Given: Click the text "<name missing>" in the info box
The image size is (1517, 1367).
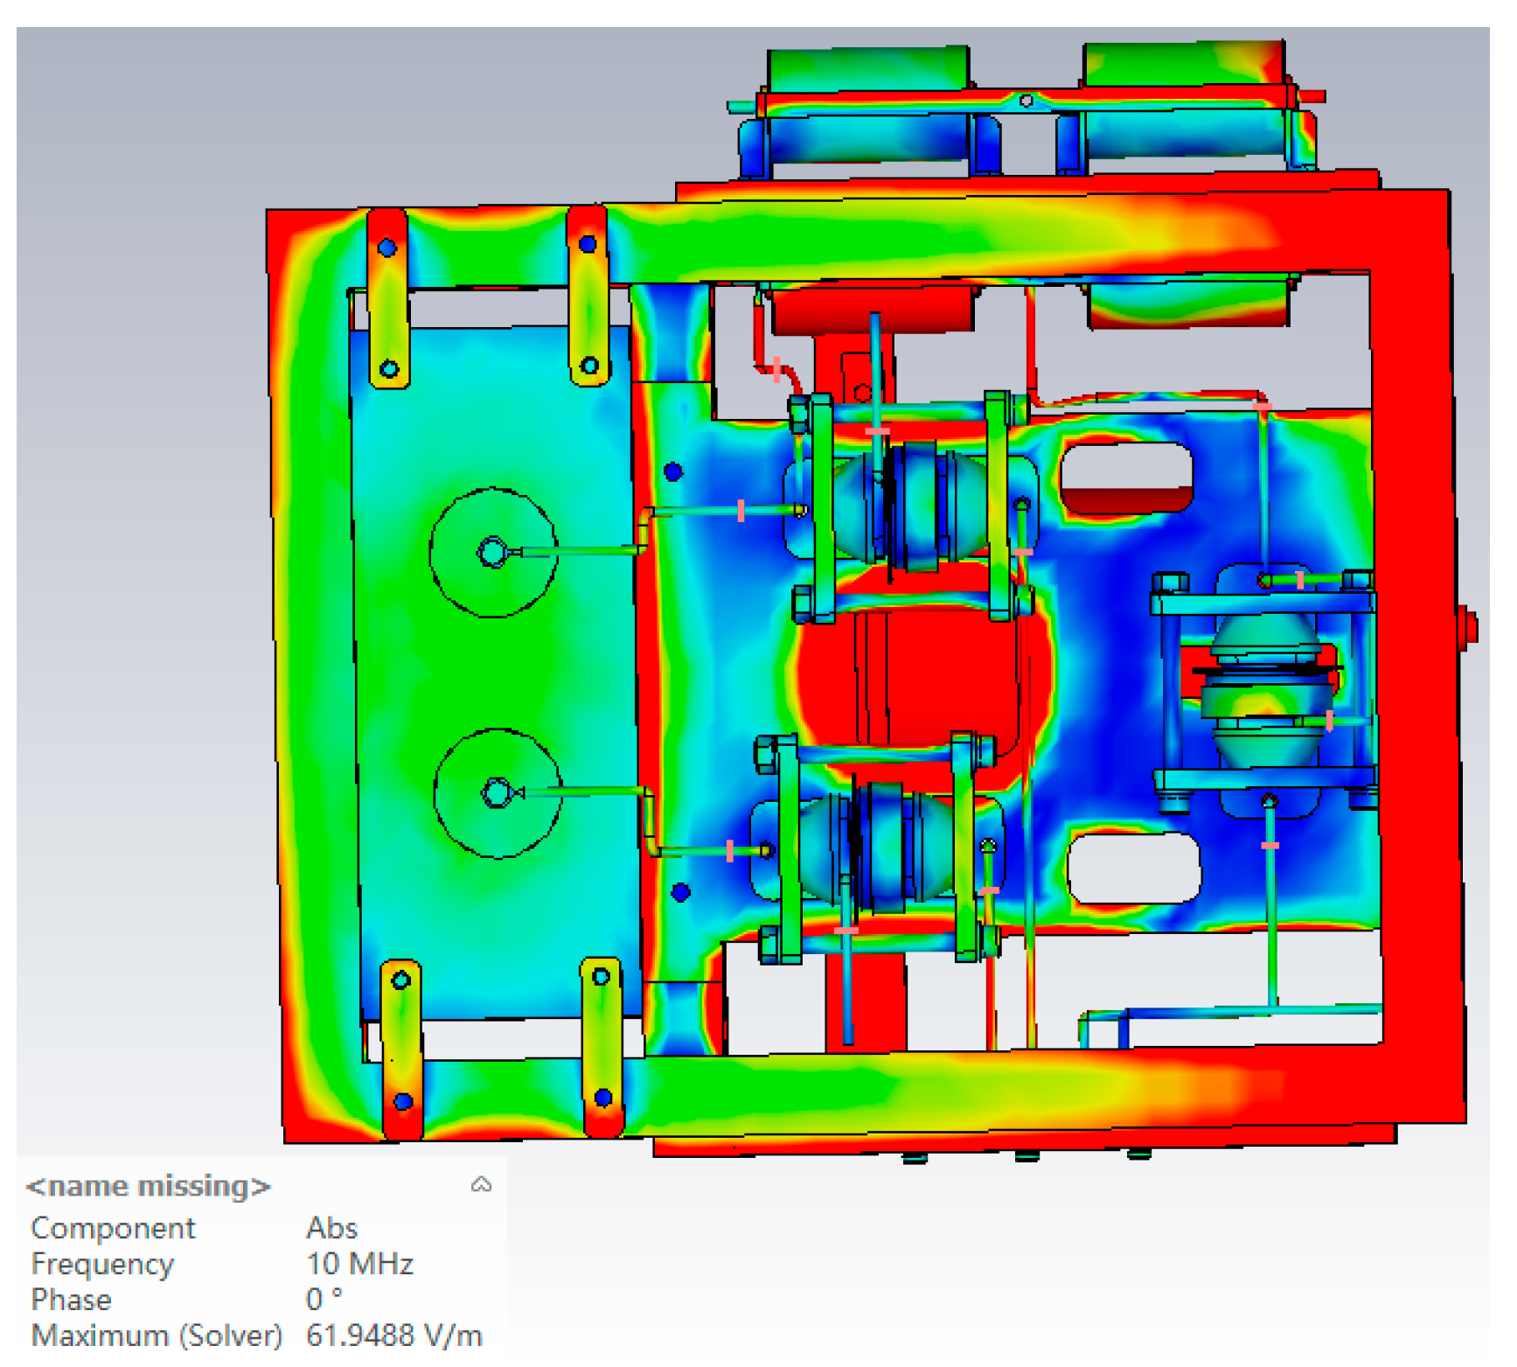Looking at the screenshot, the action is tap(149, 1186).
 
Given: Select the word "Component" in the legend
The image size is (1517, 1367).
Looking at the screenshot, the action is tap(113, 1228).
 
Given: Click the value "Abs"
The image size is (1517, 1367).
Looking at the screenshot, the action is tap(331, 1228).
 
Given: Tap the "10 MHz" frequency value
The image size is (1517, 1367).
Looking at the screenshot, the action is tap(359, 1264).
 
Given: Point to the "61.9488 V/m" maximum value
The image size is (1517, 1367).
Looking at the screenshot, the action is tap(394, 1336).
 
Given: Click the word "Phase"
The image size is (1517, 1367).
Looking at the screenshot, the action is tap(72, 1300).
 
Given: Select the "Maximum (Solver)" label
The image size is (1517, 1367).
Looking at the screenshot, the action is tap(157, 1336).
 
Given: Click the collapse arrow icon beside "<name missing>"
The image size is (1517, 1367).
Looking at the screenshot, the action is tap(481, 1185).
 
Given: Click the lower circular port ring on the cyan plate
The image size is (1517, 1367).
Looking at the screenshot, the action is tap(498, 729).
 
